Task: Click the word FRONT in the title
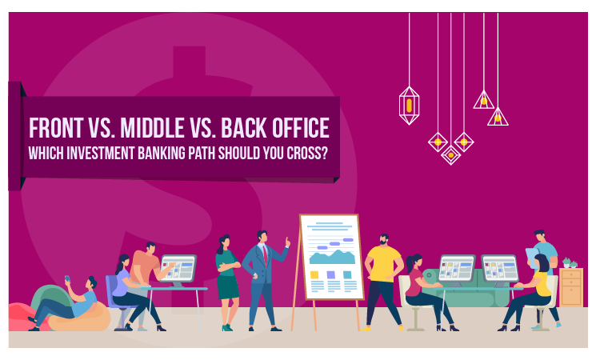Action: [56, 128]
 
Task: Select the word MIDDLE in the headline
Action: [152, 128]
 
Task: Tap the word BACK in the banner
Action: [243, 128]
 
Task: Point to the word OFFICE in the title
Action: [300, 128]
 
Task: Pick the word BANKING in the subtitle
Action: [162, 154]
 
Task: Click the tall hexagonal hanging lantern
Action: [409, 106]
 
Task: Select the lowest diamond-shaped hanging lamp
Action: [450, 155]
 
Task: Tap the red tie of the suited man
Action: [265, 255]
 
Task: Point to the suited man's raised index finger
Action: [286, 240]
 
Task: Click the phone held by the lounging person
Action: [67, 279]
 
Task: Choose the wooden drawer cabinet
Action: [571, 287]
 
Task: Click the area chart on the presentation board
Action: [332, 257]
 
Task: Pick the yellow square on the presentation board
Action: [314, 274]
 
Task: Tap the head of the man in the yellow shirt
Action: [384, 240]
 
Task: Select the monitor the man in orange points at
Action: [178, 268]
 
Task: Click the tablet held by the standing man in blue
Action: [532, 258]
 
